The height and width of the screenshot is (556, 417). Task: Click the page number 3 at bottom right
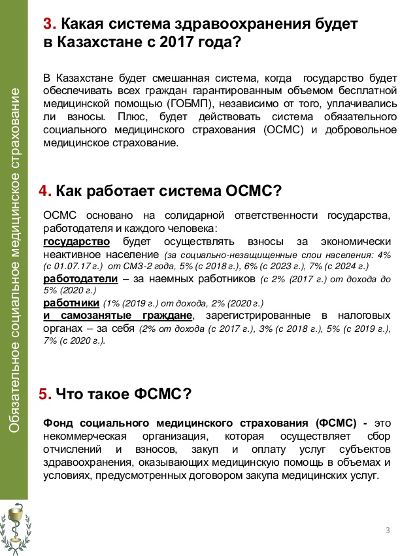[388, 529]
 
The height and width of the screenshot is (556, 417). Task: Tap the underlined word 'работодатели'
[80, 279]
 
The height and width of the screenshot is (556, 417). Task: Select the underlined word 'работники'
[71, 303]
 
